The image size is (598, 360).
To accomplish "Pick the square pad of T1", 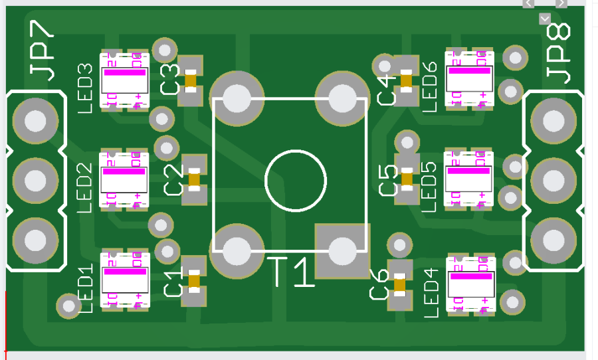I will (342, 250).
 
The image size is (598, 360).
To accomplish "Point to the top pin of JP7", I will (35, 122).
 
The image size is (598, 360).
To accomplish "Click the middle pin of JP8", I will (553, 179).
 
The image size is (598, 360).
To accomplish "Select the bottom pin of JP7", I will (35, 238).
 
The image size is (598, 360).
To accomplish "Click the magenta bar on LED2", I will (124, 172).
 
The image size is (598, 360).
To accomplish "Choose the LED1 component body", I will (125, 280).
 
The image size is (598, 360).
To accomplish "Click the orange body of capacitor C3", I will (191, 81).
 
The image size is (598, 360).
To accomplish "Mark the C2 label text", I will (173, 180).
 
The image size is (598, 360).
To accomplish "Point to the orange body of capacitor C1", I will (194, 281).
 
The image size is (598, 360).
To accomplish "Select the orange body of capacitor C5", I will (406, 177).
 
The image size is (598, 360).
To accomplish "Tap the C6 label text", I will (380, 284).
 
